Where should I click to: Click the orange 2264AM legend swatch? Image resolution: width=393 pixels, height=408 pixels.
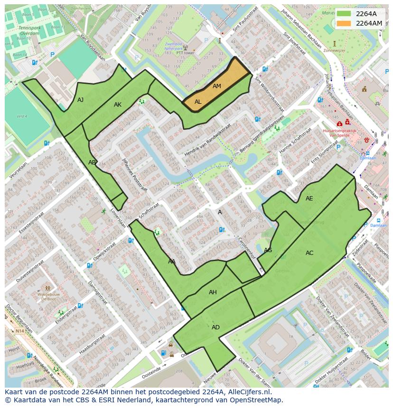[x=344, y=23]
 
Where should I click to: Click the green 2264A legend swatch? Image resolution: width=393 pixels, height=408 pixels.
[x=344, y=14]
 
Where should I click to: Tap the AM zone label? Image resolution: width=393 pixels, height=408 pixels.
[x=217, y=86]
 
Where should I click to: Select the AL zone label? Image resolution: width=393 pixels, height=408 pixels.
[x=198, y=102]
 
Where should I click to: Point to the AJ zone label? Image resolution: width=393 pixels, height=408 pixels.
[x=81, y=100]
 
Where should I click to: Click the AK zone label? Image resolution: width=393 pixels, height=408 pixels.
[x=118, y=105]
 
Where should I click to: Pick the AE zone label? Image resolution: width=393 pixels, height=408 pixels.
[x=309, y=199]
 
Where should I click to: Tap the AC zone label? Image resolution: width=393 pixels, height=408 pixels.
[x=309, y=253]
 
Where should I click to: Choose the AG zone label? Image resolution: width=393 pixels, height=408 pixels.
[x=268, y=250]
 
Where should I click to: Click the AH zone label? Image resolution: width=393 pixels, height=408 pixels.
[x=213, y=292]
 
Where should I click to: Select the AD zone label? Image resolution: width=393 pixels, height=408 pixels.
[x=215, y=327]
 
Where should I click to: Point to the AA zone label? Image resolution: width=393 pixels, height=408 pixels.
[x=172, y=262]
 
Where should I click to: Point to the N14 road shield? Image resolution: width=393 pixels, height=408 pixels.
[x=19, y=331]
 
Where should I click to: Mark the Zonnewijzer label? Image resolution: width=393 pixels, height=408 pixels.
[x=334, y=49]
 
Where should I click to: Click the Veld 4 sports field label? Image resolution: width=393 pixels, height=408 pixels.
[x=22, y=116]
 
